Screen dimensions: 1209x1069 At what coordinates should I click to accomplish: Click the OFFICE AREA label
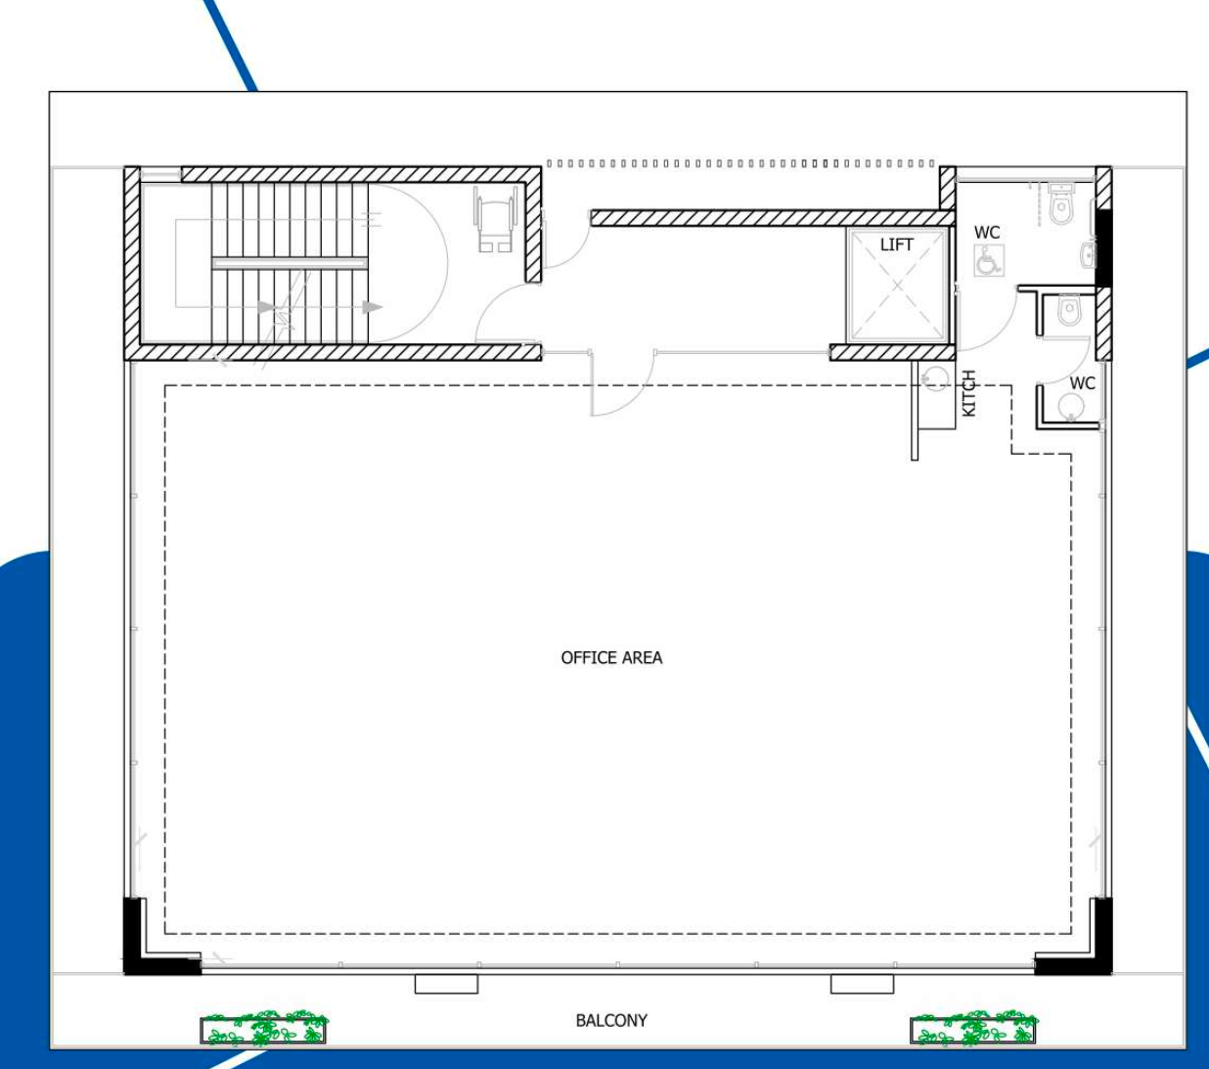pyautogui.click(x=611, y=658)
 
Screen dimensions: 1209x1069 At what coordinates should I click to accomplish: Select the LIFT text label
pyautogui.click(x=896, y=245)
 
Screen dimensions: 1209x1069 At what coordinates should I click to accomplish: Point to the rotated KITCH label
pyautogui.click(x=969, y=393)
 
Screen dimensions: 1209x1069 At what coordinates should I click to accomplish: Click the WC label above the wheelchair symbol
pyautogui.click(x=987, y=232)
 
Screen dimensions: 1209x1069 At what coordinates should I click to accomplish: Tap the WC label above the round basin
pyautogui.click(x=1082, y=383)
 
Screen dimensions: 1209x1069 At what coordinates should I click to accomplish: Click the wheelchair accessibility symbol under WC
pyautogui.click(x=989, y=261)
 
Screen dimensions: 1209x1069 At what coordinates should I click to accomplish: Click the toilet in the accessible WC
pyautogui.click(x=1060, y=204)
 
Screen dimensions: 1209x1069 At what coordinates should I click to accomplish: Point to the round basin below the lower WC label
pyautogui.click(x=1070, y=408)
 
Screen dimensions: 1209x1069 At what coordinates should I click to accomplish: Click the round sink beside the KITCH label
pyautogui.click(x=935, y=379)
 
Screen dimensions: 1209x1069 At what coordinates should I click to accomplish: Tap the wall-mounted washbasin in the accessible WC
pyautogui.click(x=1088, y=255)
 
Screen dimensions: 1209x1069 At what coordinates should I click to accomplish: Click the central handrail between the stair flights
pyautogui.click(x=290, y=263)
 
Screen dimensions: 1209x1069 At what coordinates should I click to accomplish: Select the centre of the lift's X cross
pyautogui.click(x=897, y=286)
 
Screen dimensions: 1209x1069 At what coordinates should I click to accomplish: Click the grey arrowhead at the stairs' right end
pyautogui.click(x=373, y=307)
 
